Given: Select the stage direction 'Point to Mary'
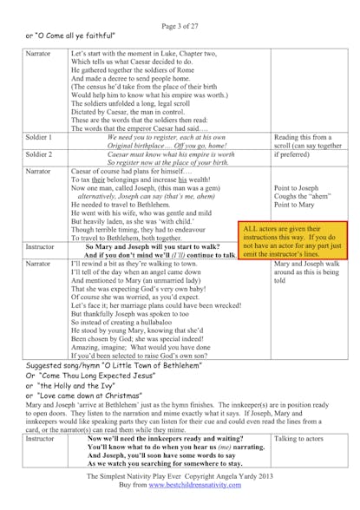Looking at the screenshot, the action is tap(294, 205).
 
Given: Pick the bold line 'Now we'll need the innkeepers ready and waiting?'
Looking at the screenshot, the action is tap(164, 440).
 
